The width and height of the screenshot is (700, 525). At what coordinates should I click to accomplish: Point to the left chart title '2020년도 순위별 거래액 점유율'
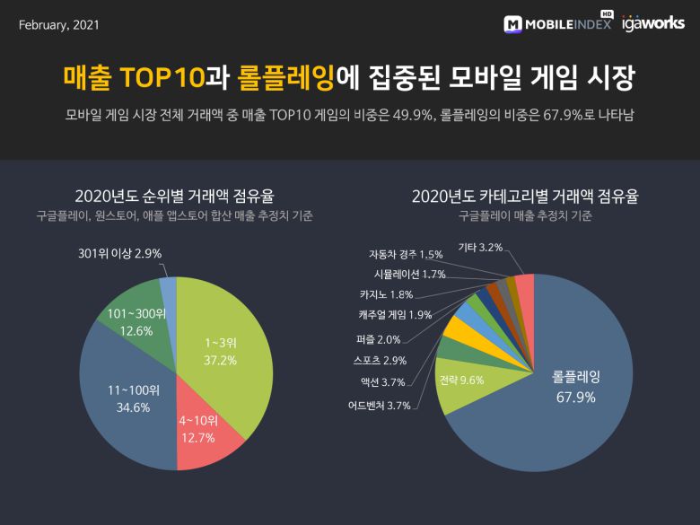(175, 196)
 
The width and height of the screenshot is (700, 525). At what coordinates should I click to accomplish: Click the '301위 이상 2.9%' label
(119, 254)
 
